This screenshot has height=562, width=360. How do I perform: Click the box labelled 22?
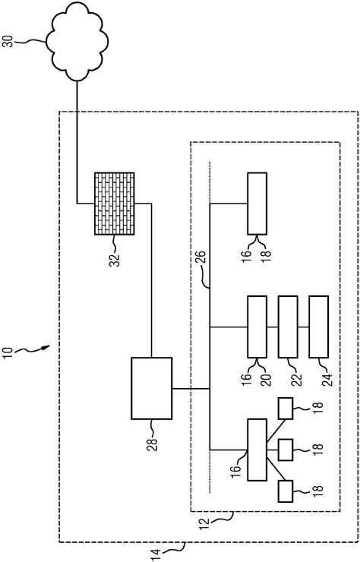pyautogui.click(x=288, y=327)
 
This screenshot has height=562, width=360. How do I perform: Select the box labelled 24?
pyautogui.click(x=317, y=327)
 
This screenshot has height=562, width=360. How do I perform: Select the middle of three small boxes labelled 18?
pyautogui.click(x=288, y=450)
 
